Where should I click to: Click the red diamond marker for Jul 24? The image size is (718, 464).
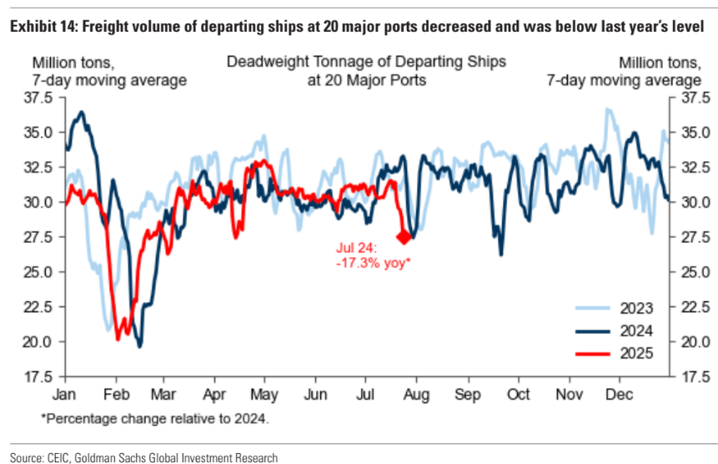coord(404,237)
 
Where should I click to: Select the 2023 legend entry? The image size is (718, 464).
coord(637,306)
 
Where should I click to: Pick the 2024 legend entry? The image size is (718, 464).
coord(637,330)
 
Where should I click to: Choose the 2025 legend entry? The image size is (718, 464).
coord(637,353)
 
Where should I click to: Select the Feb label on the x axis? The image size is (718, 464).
coord(115,391)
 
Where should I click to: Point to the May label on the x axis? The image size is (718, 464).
coord(264,391)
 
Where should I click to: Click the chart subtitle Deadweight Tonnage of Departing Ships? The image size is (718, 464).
coord(366,63)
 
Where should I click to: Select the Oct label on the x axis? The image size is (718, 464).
coord(519,391)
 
